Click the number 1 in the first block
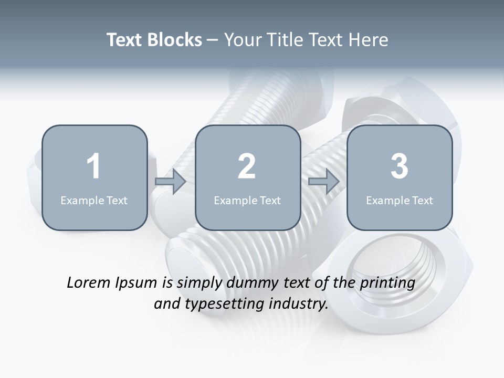93,166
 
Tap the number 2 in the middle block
247,166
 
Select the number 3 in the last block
400,166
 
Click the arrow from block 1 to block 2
171,182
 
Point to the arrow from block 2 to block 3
324,182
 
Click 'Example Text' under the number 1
94,200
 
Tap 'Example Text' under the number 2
247,200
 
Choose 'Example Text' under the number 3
400,200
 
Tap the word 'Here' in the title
370,40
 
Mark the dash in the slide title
213,40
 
